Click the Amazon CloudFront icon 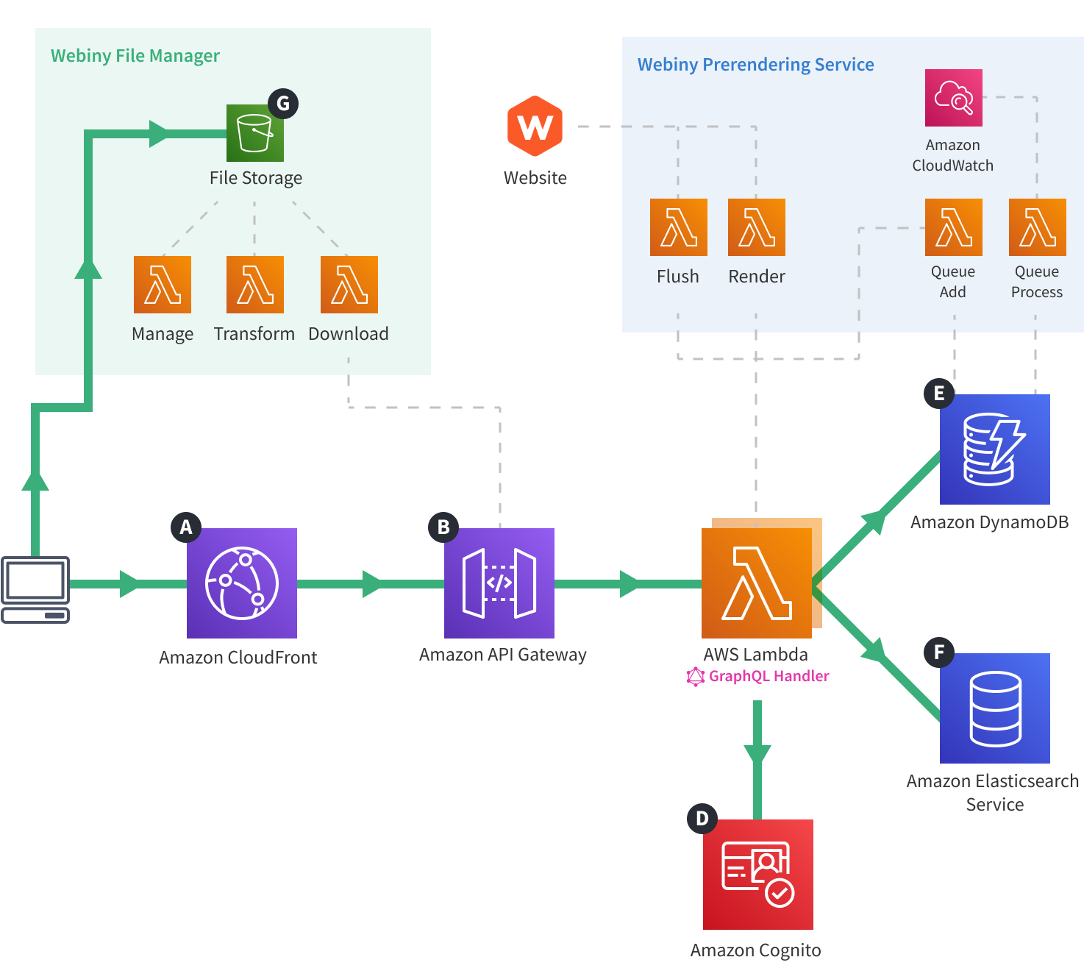tap(241, 583)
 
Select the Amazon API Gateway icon tap(499, 583)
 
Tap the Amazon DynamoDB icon tap(994, 449)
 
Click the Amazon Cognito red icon tap(757, 874)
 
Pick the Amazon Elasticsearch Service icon tap(994, 708)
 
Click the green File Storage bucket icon tap(254, 133)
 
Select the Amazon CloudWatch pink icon tap(953, 98)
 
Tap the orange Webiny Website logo tap(535, 127)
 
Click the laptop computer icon tap(35, 589)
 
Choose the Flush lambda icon tap(678, 227)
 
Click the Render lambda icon tap(756, 227)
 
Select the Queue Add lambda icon tap(953, 227)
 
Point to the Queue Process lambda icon tap(1037, 227)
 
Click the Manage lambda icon tap(162, 285)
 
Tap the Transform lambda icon tap(254, 285)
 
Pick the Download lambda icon tap(349, 285)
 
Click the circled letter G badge tap(283, 104)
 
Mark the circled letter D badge tap(702, 819)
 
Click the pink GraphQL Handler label tap(768, 676)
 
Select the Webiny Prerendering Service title tap(755, 65)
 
